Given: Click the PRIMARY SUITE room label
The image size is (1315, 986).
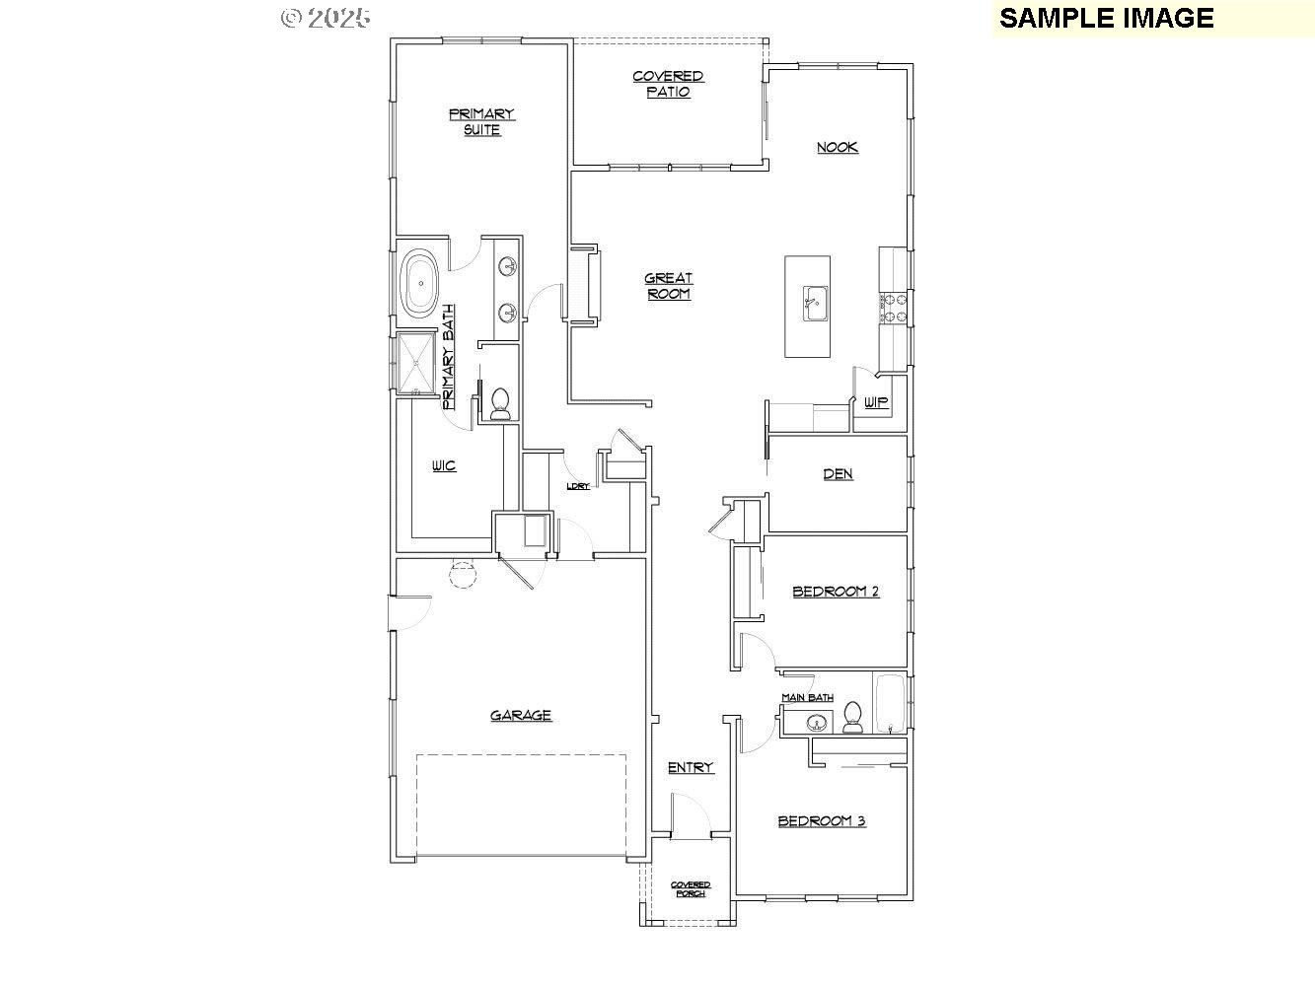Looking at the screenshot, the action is tap(481, 121).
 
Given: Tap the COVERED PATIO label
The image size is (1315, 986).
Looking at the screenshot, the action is tap(668, 84).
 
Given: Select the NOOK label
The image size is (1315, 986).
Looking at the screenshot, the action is tap(837, 147).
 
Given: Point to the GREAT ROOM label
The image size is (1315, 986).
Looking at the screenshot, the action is tap(669, 286).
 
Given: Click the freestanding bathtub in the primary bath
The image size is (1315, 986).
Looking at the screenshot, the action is tap(420, 284).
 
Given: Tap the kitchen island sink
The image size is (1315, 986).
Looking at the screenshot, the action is tap(815, 304).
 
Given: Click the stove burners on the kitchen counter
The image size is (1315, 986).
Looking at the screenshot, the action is tap(892, 308).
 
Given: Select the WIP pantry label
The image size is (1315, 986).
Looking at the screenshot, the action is tap(875, 402).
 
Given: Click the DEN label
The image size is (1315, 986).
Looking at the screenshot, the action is tap(838, 474).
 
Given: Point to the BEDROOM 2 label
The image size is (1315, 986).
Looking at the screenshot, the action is tap(836, 592).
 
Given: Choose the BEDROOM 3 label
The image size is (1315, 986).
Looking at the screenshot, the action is tap(822, 820).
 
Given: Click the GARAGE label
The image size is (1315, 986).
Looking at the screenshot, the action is tap(521, 715).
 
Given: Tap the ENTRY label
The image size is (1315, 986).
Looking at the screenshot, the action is tap(691, 767).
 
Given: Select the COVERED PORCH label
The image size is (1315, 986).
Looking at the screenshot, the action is tap(691, 889).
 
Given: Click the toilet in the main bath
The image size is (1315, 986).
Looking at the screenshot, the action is tap(852, 717).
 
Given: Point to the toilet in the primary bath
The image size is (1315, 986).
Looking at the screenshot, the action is tap(499, 404).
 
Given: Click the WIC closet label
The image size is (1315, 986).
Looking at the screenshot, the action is tap(444, 465).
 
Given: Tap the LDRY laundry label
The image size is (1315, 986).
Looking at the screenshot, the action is tap(578, 486).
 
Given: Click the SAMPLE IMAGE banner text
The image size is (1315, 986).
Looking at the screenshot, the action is tap(1107, 18).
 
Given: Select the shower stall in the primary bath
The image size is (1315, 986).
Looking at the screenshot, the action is tap(416, 364).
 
